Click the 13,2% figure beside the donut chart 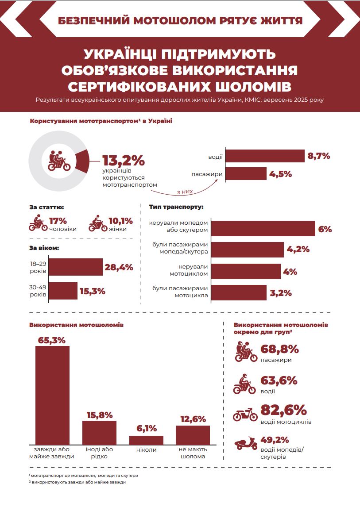point(124,160)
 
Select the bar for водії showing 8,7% point(265,156)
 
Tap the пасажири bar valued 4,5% point(246,174)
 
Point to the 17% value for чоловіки point(58,220)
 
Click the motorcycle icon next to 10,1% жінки point(98,224)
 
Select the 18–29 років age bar point(75,267)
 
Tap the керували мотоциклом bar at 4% point(246,272)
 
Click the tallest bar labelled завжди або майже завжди point(52,395)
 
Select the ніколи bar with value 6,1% point(146,440)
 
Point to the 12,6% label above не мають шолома point(193,419)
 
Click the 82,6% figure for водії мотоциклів point(284,410)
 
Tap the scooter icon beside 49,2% point(245,444)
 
